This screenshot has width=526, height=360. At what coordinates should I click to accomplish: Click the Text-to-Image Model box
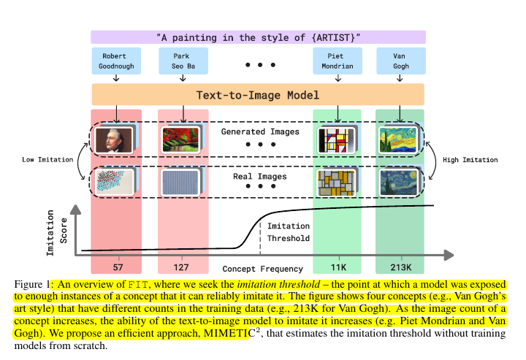pos(258,95)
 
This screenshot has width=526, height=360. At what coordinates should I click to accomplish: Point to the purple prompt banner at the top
pos(258,37)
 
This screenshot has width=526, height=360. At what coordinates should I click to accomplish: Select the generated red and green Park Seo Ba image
pos(179,139)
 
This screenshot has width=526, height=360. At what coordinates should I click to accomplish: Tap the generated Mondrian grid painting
pos(335,140)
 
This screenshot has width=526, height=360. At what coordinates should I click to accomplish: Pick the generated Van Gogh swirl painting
pos(397,140)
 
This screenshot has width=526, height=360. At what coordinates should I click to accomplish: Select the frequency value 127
pos(182,267)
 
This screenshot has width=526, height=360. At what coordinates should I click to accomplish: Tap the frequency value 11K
pos(337,267)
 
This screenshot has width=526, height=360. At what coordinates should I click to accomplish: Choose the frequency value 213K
pos(400,267)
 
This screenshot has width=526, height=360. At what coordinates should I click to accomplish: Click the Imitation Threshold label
pos(289,232)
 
